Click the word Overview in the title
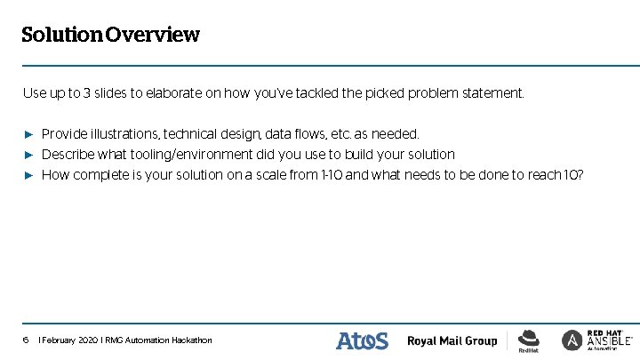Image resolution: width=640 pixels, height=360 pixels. coord(151,36)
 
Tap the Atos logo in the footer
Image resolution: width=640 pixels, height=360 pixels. coord(362,340)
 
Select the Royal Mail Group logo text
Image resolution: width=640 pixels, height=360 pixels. coord(452,341)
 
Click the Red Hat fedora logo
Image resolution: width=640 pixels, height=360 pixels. coord(529,339)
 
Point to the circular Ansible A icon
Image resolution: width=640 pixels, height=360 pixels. coord(572,340)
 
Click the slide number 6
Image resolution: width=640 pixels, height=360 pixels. coord(26,340)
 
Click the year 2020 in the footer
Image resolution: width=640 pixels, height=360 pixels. coord(86,340)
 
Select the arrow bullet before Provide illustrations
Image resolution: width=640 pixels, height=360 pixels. coord(28,134)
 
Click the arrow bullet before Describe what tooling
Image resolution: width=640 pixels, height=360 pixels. coord(28,155)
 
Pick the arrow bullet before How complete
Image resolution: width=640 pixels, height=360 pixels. coord(28,175)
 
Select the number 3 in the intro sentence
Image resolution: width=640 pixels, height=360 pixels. coord(86,92)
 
